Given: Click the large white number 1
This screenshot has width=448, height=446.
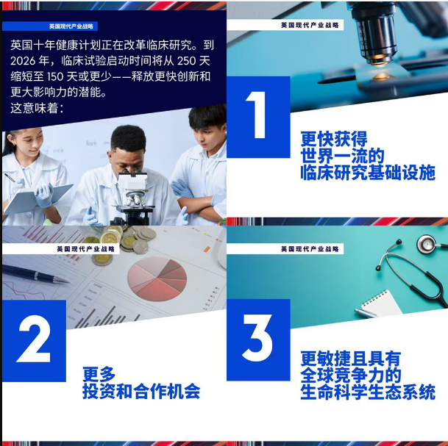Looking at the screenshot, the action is (x=257, y=115).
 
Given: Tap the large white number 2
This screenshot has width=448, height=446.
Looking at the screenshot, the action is (x=35, y=339).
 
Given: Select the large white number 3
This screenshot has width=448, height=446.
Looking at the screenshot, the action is (x=257, y=338).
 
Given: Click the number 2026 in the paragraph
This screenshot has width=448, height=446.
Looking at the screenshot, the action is (x=23, y=61).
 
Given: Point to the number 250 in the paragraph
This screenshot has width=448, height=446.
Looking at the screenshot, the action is (x=187, y=61).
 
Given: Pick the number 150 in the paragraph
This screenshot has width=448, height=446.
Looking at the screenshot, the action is (x=55, y=76).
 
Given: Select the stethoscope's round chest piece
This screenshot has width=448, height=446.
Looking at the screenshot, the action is (x=427, y=244).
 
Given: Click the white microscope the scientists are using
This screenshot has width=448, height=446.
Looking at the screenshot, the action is (x=133, y=197).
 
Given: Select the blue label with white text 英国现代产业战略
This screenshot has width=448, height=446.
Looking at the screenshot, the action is (x=50, y=26).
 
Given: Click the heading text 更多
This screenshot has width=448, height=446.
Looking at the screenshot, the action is (x=99, y=374).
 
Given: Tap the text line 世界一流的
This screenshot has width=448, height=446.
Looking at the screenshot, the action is (x=342, y=156).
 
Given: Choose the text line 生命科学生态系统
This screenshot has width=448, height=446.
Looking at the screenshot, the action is (x=368, y=392).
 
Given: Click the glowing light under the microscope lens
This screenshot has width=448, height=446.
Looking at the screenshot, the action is (x=382, y=76).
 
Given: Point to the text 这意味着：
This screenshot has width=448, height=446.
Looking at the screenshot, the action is (x=37, y=108).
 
